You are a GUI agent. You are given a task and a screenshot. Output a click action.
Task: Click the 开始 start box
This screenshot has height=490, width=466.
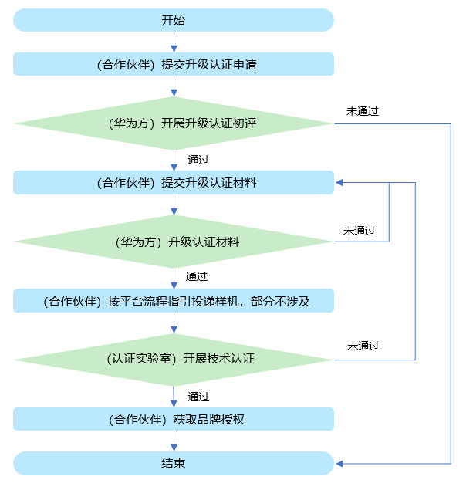click(x=174, y=21)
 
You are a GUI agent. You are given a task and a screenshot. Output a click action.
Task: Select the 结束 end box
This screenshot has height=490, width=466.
click(x=174, y=464)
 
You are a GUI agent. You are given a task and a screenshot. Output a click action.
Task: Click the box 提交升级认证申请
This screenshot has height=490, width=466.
click(x=174, y=64)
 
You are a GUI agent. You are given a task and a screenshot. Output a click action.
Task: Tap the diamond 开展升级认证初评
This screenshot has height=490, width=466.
click(x=174, y=123)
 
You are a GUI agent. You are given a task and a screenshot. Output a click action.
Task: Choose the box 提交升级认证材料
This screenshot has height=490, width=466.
click(x=174, y=183)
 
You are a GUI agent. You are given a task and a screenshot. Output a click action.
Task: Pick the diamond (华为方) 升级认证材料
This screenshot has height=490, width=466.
click(x=174, y=242)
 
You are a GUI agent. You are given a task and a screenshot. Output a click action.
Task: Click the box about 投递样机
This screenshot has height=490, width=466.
click(x=174, y=301)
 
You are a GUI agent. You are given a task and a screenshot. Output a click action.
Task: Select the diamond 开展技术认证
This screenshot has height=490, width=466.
click(x=174, y=360)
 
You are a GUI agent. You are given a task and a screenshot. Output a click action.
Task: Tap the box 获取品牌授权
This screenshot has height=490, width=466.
click(x=174, y=419)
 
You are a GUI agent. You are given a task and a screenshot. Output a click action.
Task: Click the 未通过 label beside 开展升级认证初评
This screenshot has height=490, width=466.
click(x=363, y=111)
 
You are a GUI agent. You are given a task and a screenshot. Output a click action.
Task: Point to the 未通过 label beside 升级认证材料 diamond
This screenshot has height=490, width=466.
click(x=360, y=231)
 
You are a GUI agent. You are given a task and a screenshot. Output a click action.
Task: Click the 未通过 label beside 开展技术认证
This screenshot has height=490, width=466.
click(x=363, y=346)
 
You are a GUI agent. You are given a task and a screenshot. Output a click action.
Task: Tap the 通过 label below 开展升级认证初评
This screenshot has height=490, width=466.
click(x=198, y=161)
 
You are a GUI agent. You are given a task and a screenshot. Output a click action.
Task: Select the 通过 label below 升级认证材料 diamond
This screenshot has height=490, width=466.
click(x=196, y=275)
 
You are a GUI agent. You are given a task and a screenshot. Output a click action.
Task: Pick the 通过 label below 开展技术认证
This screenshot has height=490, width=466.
click(x=198, y=397)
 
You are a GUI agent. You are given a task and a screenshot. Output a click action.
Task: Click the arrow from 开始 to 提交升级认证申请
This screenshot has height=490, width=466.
click(x=174, y=42)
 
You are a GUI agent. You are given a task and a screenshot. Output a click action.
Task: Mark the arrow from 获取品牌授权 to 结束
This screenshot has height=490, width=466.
click(x=174, y=441)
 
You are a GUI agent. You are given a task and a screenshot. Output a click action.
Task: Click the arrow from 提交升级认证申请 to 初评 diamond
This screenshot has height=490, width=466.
click(x=174, y=86)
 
